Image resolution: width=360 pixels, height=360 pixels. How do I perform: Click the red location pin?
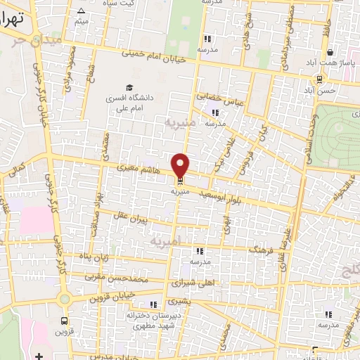[181, 165]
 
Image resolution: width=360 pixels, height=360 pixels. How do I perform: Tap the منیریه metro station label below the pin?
[181, 190]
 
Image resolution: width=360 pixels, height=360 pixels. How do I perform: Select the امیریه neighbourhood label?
[166, 241]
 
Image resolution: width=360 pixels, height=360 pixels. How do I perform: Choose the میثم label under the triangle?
[82, 21]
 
